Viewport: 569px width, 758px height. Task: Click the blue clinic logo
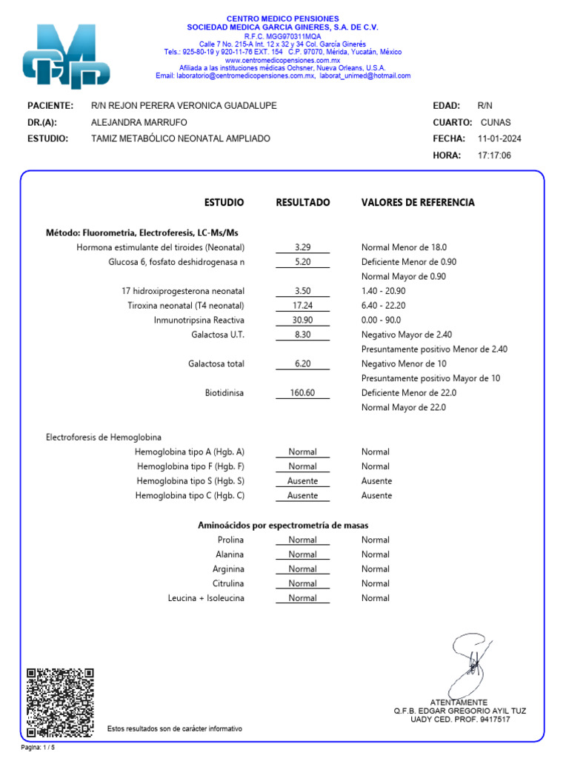click(x=67, y=57)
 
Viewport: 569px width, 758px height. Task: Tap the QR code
click(x=60, y=702)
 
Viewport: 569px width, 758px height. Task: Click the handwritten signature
click(x=471, y=663)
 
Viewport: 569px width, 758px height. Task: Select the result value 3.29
click(x=302, y=247)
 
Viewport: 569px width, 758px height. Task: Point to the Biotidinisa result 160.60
click(x=302, y=393)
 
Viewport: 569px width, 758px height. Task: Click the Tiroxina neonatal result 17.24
click(x=302, y=306)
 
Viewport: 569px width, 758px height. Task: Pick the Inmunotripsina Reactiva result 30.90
click(x=302, y=321)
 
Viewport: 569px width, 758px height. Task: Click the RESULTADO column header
click(x=303, y=202)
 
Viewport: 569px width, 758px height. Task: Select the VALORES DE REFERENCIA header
click(x=418, y=202)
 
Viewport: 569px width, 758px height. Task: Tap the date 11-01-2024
click(x=499, y=138)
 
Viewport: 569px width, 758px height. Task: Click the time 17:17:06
click(x=494, y=155)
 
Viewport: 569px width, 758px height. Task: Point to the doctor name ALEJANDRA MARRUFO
click(x=139, y=122)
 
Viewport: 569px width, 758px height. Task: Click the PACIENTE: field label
click(x=50, y=106)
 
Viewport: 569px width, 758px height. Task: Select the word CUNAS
click(x=496, y=122)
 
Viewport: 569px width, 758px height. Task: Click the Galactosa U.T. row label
click(x=218, y=335)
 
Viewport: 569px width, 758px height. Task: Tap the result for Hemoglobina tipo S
click(x=302, y=481)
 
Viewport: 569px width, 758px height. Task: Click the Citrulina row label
click(x=228, y=583)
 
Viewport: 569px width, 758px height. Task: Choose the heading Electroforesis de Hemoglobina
click(x=104, y=437)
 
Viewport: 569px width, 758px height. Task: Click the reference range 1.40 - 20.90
click(x=383, y=291)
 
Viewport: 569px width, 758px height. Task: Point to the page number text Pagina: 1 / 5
click(x=38, y=747)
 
